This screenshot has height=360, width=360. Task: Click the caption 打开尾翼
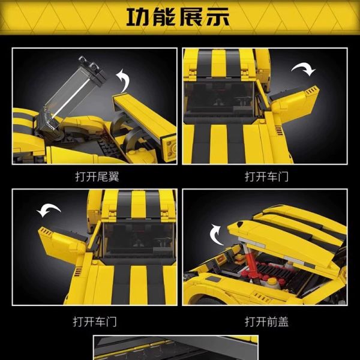[95, 177]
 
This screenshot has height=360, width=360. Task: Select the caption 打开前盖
[266, 322]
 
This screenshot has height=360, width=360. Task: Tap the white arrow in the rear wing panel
[125, 77]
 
